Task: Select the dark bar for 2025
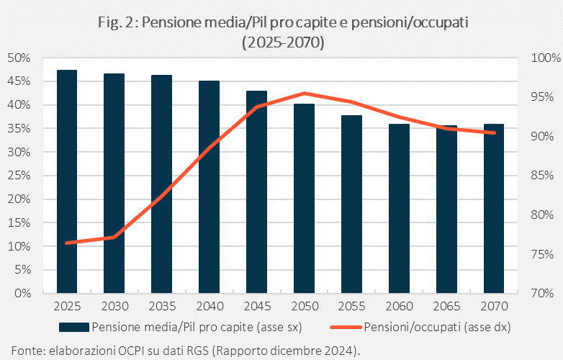(67, 181)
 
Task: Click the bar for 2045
(257, 192)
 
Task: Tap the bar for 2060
(400, 209)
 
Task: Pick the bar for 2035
(161, 184)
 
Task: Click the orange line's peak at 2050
(304, 94)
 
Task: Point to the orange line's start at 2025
(67, 243)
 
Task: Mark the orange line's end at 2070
(494, 132)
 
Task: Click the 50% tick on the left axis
(19, 58)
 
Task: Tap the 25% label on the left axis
(19, 176)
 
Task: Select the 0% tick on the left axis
(22, 293)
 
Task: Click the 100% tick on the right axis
(546, 58)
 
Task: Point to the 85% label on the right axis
(542, 176)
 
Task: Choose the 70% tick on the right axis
(542, 293)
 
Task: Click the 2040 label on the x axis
(210, 306)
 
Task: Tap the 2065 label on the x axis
(446, 306)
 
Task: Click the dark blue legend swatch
(74, 327)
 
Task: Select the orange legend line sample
(346, 327)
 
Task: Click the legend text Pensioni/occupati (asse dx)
(437, 327)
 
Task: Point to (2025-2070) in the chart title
(283, 42)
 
